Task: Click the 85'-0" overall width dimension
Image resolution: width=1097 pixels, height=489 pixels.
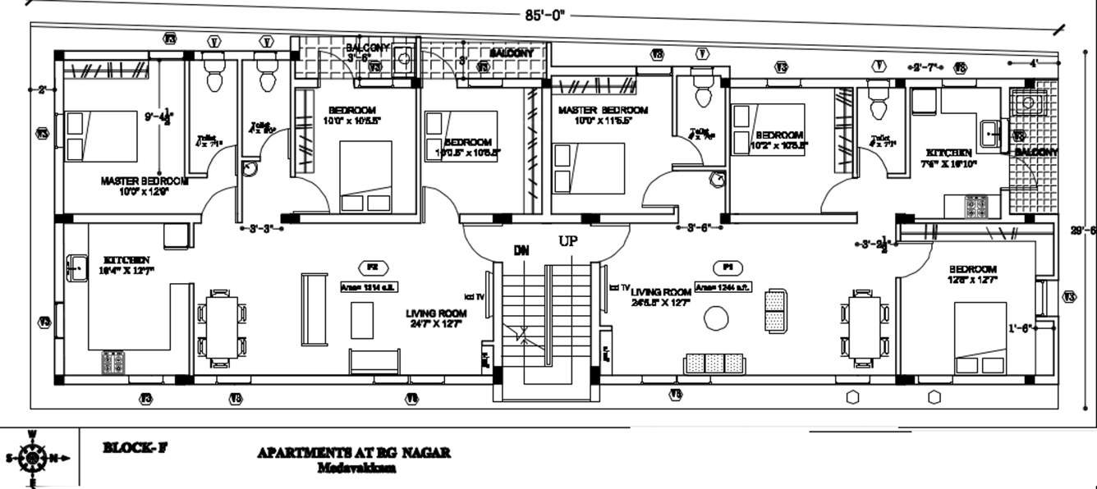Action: point(546,14)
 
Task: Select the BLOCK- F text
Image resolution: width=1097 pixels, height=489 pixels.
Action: point(135,448)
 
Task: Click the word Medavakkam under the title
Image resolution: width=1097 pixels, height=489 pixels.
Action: point(356,468)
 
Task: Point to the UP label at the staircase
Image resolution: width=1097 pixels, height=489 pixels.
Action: point(568,241)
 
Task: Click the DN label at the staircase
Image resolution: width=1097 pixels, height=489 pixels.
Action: point(521,250)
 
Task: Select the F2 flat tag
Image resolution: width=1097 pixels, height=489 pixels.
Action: point(372,267)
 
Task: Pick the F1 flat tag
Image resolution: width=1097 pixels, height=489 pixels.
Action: point(727,267)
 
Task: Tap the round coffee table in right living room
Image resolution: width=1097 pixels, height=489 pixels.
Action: point(717,318)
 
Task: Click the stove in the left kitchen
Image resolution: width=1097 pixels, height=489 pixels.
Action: point(112,361)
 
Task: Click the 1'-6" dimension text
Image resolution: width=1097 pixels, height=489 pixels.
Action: point(1021,328)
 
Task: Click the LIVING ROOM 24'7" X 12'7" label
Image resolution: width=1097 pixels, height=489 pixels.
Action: point(436,318)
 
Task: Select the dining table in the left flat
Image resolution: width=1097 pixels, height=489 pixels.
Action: point(221,326)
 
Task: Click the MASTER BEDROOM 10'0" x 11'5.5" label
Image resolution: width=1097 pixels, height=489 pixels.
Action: point(603,115)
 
